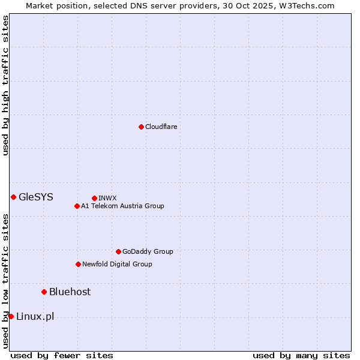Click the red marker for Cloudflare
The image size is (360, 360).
(x=141, y=127)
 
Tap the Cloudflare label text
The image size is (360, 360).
(x=161, y=127)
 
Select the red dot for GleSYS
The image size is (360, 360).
(x=13, y=197)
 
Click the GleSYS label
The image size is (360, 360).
(x=36, y=197)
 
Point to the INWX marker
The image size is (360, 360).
(x=94, y=198)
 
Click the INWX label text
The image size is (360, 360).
(x=107, y=198)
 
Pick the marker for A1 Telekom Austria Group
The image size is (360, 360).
(x=77, y=206)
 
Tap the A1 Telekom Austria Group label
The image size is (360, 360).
(x=122, y=206)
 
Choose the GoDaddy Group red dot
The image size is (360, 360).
(x=118, y=251)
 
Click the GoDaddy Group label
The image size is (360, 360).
(x=148, y=251)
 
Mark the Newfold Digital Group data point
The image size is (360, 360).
(x=78, y=264)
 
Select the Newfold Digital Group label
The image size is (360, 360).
(x=117, y=264)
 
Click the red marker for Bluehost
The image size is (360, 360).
(x=44, y=292)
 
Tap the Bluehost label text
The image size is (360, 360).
(x=70, y=292)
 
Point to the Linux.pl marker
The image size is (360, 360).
(x=11, y=316)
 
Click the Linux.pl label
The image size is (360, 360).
(x=35, y=316)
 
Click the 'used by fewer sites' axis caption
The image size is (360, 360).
(x=62, y=355)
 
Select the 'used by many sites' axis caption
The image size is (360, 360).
(x=301, y=355)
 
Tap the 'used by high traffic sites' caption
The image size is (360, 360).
(x=5, y=86)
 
